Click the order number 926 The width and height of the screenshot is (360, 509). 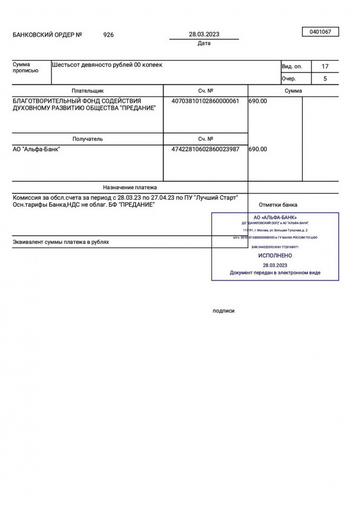(109, 35)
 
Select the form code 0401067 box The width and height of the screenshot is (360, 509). (320, 32)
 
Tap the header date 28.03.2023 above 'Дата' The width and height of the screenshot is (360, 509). (204, 34)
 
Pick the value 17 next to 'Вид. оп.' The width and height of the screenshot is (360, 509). (325, 67)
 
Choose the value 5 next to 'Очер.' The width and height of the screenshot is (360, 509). (325, 79)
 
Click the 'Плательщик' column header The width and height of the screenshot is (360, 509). (87, 91)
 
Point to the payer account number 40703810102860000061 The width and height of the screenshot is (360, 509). (205, 101)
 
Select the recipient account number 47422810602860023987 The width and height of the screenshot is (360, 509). (205, 149)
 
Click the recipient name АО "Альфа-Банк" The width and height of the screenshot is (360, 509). (37, 149)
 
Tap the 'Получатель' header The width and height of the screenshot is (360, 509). (87, 139)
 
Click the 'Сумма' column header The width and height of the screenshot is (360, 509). (293, 91)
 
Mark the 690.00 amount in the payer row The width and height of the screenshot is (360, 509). (258, 101)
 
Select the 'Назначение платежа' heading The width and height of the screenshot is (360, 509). (130, 187)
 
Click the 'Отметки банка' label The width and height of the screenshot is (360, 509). (278, 205)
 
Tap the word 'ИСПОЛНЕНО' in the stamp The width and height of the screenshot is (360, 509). (275, 255)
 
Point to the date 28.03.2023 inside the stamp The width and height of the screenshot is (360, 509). (275, 265)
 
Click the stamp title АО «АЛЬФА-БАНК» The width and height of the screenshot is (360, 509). (275, 218)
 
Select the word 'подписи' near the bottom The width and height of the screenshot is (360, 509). (224, 310)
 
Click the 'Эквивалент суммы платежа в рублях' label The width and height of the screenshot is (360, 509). (61, 242)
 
